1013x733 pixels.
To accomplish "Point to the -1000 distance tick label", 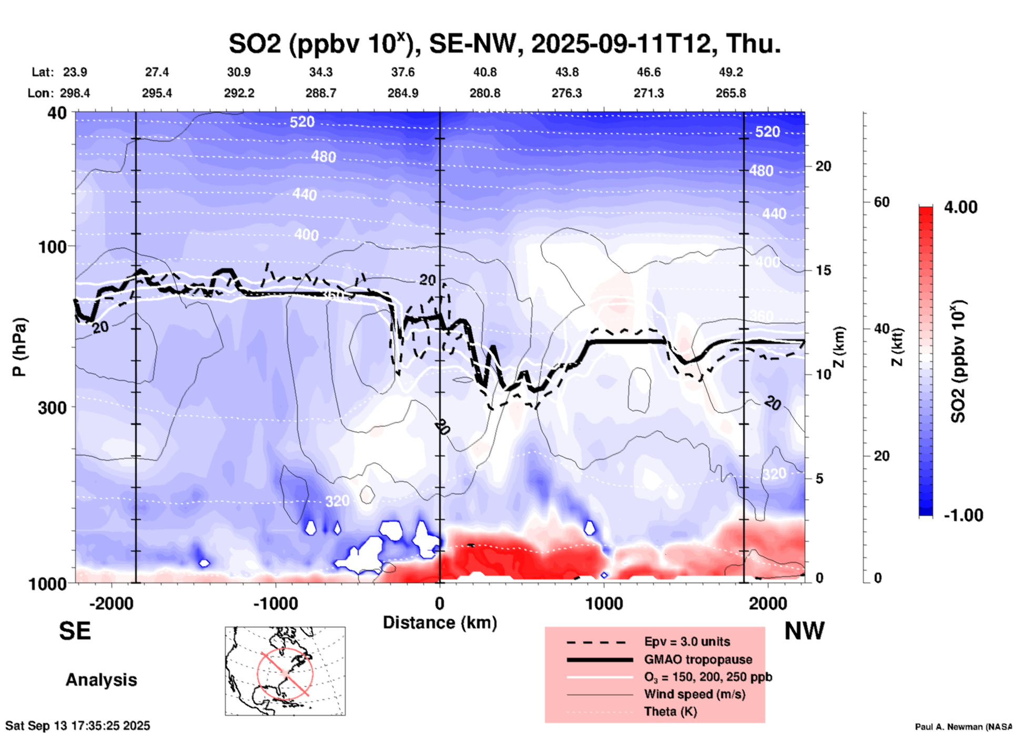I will coord(276,603).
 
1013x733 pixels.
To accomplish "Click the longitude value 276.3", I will coord(566,93).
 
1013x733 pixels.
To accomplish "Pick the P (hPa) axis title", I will coord(19,347).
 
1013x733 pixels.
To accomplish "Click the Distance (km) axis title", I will coord(440,623).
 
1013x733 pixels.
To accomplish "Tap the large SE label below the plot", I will coord(75,631).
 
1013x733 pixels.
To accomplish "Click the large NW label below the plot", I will coord(804,631).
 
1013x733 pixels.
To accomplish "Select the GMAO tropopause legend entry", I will coord(698,659).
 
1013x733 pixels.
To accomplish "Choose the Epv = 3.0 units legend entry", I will coord(687,642).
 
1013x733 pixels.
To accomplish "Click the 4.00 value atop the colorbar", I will coord(960,207).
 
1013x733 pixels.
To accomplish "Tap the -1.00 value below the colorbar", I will coord(963,515).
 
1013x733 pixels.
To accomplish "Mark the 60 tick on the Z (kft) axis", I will coord(882,202).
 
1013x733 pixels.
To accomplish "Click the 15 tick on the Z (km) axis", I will coord(823,270).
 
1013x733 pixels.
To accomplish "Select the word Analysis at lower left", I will coord(101,680).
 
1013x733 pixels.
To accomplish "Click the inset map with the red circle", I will coord(285,671).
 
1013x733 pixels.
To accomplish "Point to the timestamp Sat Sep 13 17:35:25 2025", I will coord(78,726).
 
